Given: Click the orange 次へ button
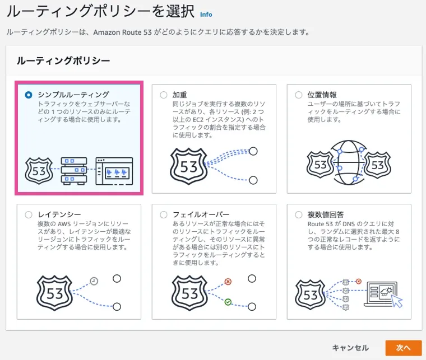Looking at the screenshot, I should click(x=403, y=348).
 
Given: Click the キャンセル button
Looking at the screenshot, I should click(x=350, y=348).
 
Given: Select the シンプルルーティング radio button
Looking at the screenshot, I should click(x=29, y=95).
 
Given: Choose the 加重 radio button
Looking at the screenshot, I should click(x=164, y=95).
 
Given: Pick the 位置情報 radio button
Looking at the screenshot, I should click(x=298, y=95).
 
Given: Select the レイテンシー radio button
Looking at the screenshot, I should click(x=29, y=214).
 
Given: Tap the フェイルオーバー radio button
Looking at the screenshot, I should click(x=164, y=214).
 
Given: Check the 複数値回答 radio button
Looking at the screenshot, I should click(x=298, y=214).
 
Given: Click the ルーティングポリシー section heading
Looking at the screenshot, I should click(x=63, y=60).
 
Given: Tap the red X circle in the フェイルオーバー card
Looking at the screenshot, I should click(x=228, y=282).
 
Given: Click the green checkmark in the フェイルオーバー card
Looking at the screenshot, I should click(x=228, y=302).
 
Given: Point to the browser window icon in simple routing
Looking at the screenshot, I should click(x=114, y=171).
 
